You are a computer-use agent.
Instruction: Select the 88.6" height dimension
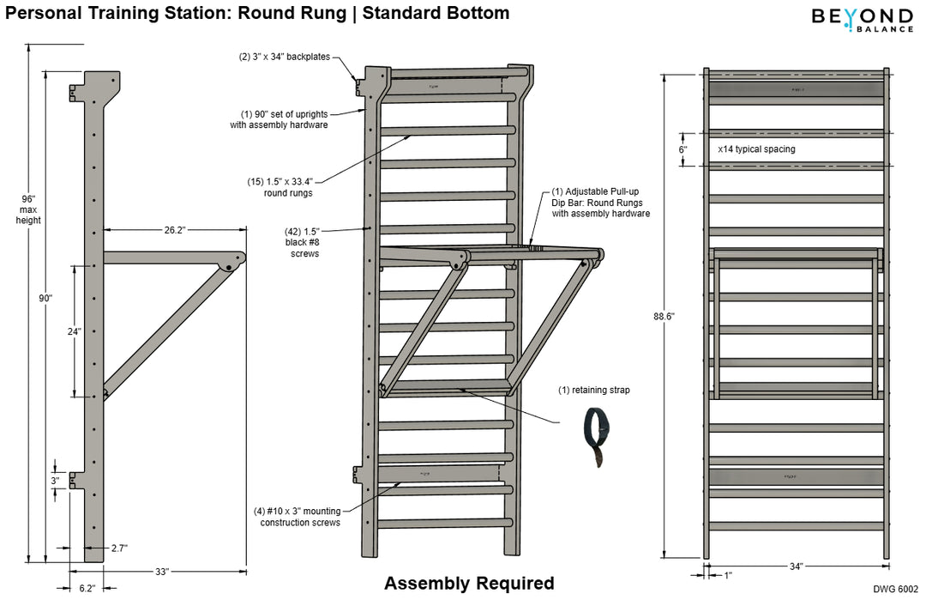pyautogui.click(x=664, y=316)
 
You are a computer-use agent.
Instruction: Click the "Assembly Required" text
pyautogui.click(x=469, y=584)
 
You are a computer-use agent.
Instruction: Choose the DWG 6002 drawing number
pyautogui.click(x=896, y=589)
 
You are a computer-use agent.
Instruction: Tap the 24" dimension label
pyautogui.click(x=75, y=331)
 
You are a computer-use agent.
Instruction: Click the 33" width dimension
pyautogui.click(x=162, y=571)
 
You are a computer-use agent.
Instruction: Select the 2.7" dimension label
pyautogui.click(x=118, y=548)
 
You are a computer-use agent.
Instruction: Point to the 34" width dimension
pyautogui.click(x=796, y=566)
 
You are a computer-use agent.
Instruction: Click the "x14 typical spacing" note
pyautogui.click(x=756, y=148)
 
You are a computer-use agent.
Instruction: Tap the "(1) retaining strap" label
pyautogui.click(x=594, y=391)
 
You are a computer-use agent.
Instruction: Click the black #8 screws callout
pyautogui.click(x=304, y=242)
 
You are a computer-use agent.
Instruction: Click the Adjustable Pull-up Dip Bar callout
pyautogui.click(x=599, y=202)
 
